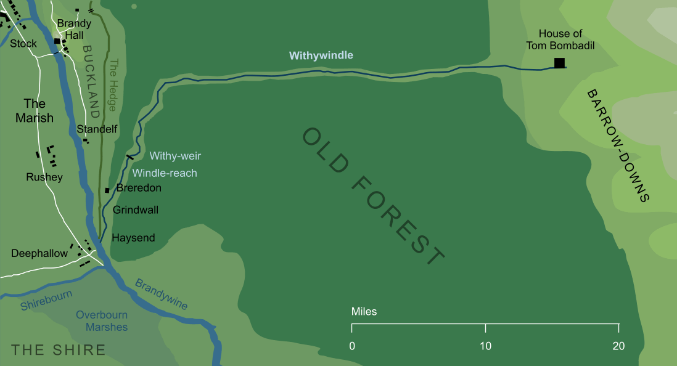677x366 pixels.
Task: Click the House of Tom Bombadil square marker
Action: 559,63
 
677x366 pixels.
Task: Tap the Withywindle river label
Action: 321,55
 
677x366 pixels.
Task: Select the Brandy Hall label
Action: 74,30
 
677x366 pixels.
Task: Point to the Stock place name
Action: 23,44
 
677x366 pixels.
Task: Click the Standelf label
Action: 97,129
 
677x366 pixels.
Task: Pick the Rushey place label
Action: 44,177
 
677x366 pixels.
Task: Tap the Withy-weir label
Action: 175,157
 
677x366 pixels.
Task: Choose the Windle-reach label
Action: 165,173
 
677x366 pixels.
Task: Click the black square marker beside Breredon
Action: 107,190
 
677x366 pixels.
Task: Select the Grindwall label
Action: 136,210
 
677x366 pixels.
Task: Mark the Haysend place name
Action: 133,238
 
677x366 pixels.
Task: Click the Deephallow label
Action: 39,254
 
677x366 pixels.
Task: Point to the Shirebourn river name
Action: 46,299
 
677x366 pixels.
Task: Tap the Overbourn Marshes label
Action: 102,321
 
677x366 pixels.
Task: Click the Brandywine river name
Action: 161,295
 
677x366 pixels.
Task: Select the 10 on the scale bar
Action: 486,346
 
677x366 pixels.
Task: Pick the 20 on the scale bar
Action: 618,346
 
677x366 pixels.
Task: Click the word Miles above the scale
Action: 364,312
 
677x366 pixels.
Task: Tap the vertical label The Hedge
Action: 113,85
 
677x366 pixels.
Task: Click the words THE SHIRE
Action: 59,350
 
